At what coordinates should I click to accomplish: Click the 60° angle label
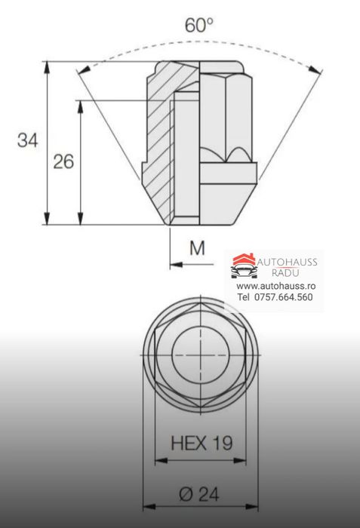click(x=199, y=24)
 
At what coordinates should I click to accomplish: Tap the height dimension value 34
click(x=28, y=140)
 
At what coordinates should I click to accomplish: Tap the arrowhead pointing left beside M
click(x=176, y=264)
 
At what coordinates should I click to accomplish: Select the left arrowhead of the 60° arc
click(x=83, y=69)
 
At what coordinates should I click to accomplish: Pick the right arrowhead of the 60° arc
click(x=318, y=69)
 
